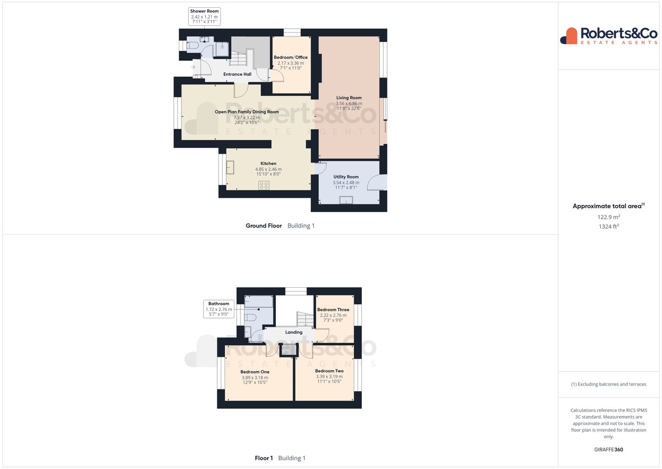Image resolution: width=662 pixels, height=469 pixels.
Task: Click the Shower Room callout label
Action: (204, 16)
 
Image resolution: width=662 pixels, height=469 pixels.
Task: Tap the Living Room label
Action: (349, 98)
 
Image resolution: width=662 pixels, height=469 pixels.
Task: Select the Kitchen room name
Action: (268, 164)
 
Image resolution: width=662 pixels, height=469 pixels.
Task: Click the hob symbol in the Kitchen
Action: (264, 186)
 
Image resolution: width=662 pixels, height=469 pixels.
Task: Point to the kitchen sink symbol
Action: (230, 167)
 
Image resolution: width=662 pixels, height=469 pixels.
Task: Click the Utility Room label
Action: (346, 177)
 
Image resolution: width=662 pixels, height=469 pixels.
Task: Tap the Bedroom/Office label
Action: (291, 57)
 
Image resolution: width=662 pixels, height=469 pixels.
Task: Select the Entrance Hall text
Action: (237, 74)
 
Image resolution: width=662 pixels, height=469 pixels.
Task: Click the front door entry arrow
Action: (193, 67)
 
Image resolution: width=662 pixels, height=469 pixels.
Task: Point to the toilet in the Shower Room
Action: (193, 45)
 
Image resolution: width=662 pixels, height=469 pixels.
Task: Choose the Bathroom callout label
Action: (218, 309)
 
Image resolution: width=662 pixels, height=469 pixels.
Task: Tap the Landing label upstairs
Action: (293, 333)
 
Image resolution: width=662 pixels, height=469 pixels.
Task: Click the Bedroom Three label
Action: (333, 309)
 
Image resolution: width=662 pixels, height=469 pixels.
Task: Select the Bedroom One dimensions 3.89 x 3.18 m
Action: (255, 377)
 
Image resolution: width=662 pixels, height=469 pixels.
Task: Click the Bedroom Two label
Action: (329, 371)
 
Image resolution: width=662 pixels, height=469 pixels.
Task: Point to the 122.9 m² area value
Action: (608, 217)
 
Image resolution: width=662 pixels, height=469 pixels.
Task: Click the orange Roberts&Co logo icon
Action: (569, 36)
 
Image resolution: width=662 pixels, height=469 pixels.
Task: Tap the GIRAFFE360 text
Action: (608, 450)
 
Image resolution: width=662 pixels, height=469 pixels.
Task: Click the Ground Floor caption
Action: (264, 225)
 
